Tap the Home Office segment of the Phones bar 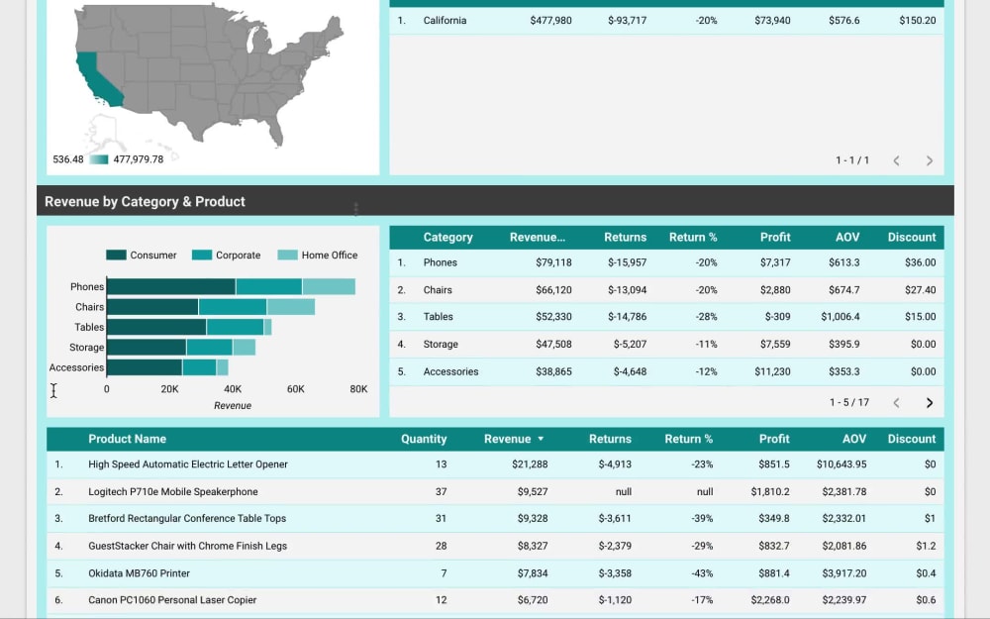329,287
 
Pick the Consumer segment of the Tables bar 156,327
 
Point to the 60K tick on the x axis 296,389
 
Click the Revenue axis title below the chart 233,406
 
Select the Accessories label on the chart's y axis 76,367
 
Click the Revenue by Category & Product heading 145,202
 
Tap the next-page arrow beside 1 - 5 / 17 929,403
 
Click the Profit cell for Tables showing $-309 777,317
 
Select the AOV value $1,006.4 840,317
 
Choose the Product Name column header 127,439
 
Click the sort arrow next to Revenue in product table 541,439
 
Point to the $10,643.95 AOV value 841,464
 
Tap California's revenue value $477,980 550,21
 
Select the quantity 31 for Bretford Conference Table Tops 441,519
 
